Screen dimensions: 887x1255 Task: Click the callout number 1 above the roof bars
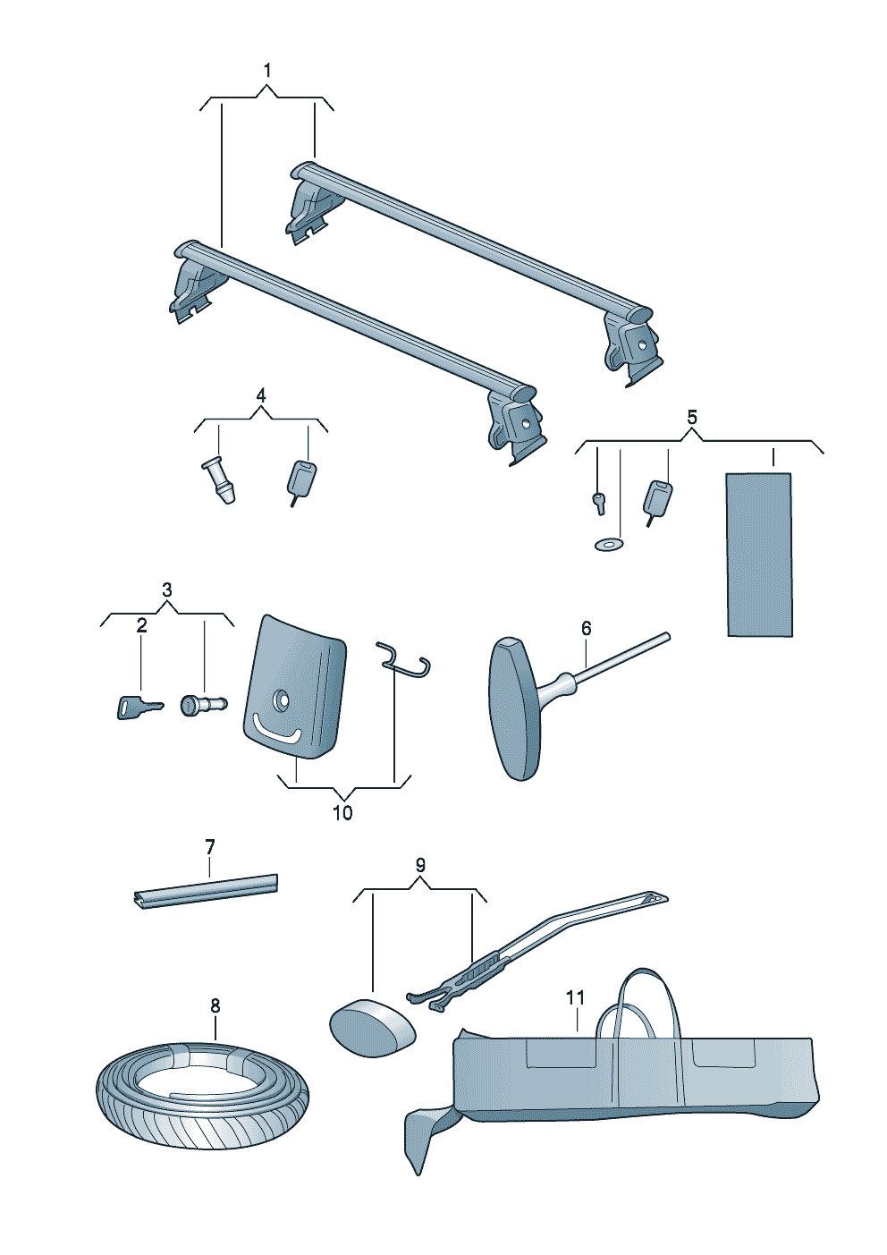coord(267,71)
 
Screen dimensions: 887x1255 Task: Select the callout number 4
coord(261,395)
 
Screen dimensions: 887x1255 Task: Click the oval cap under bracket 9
coord(373,1027)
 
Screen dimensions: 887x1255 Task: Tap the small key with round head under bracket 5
coord(598,503)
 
